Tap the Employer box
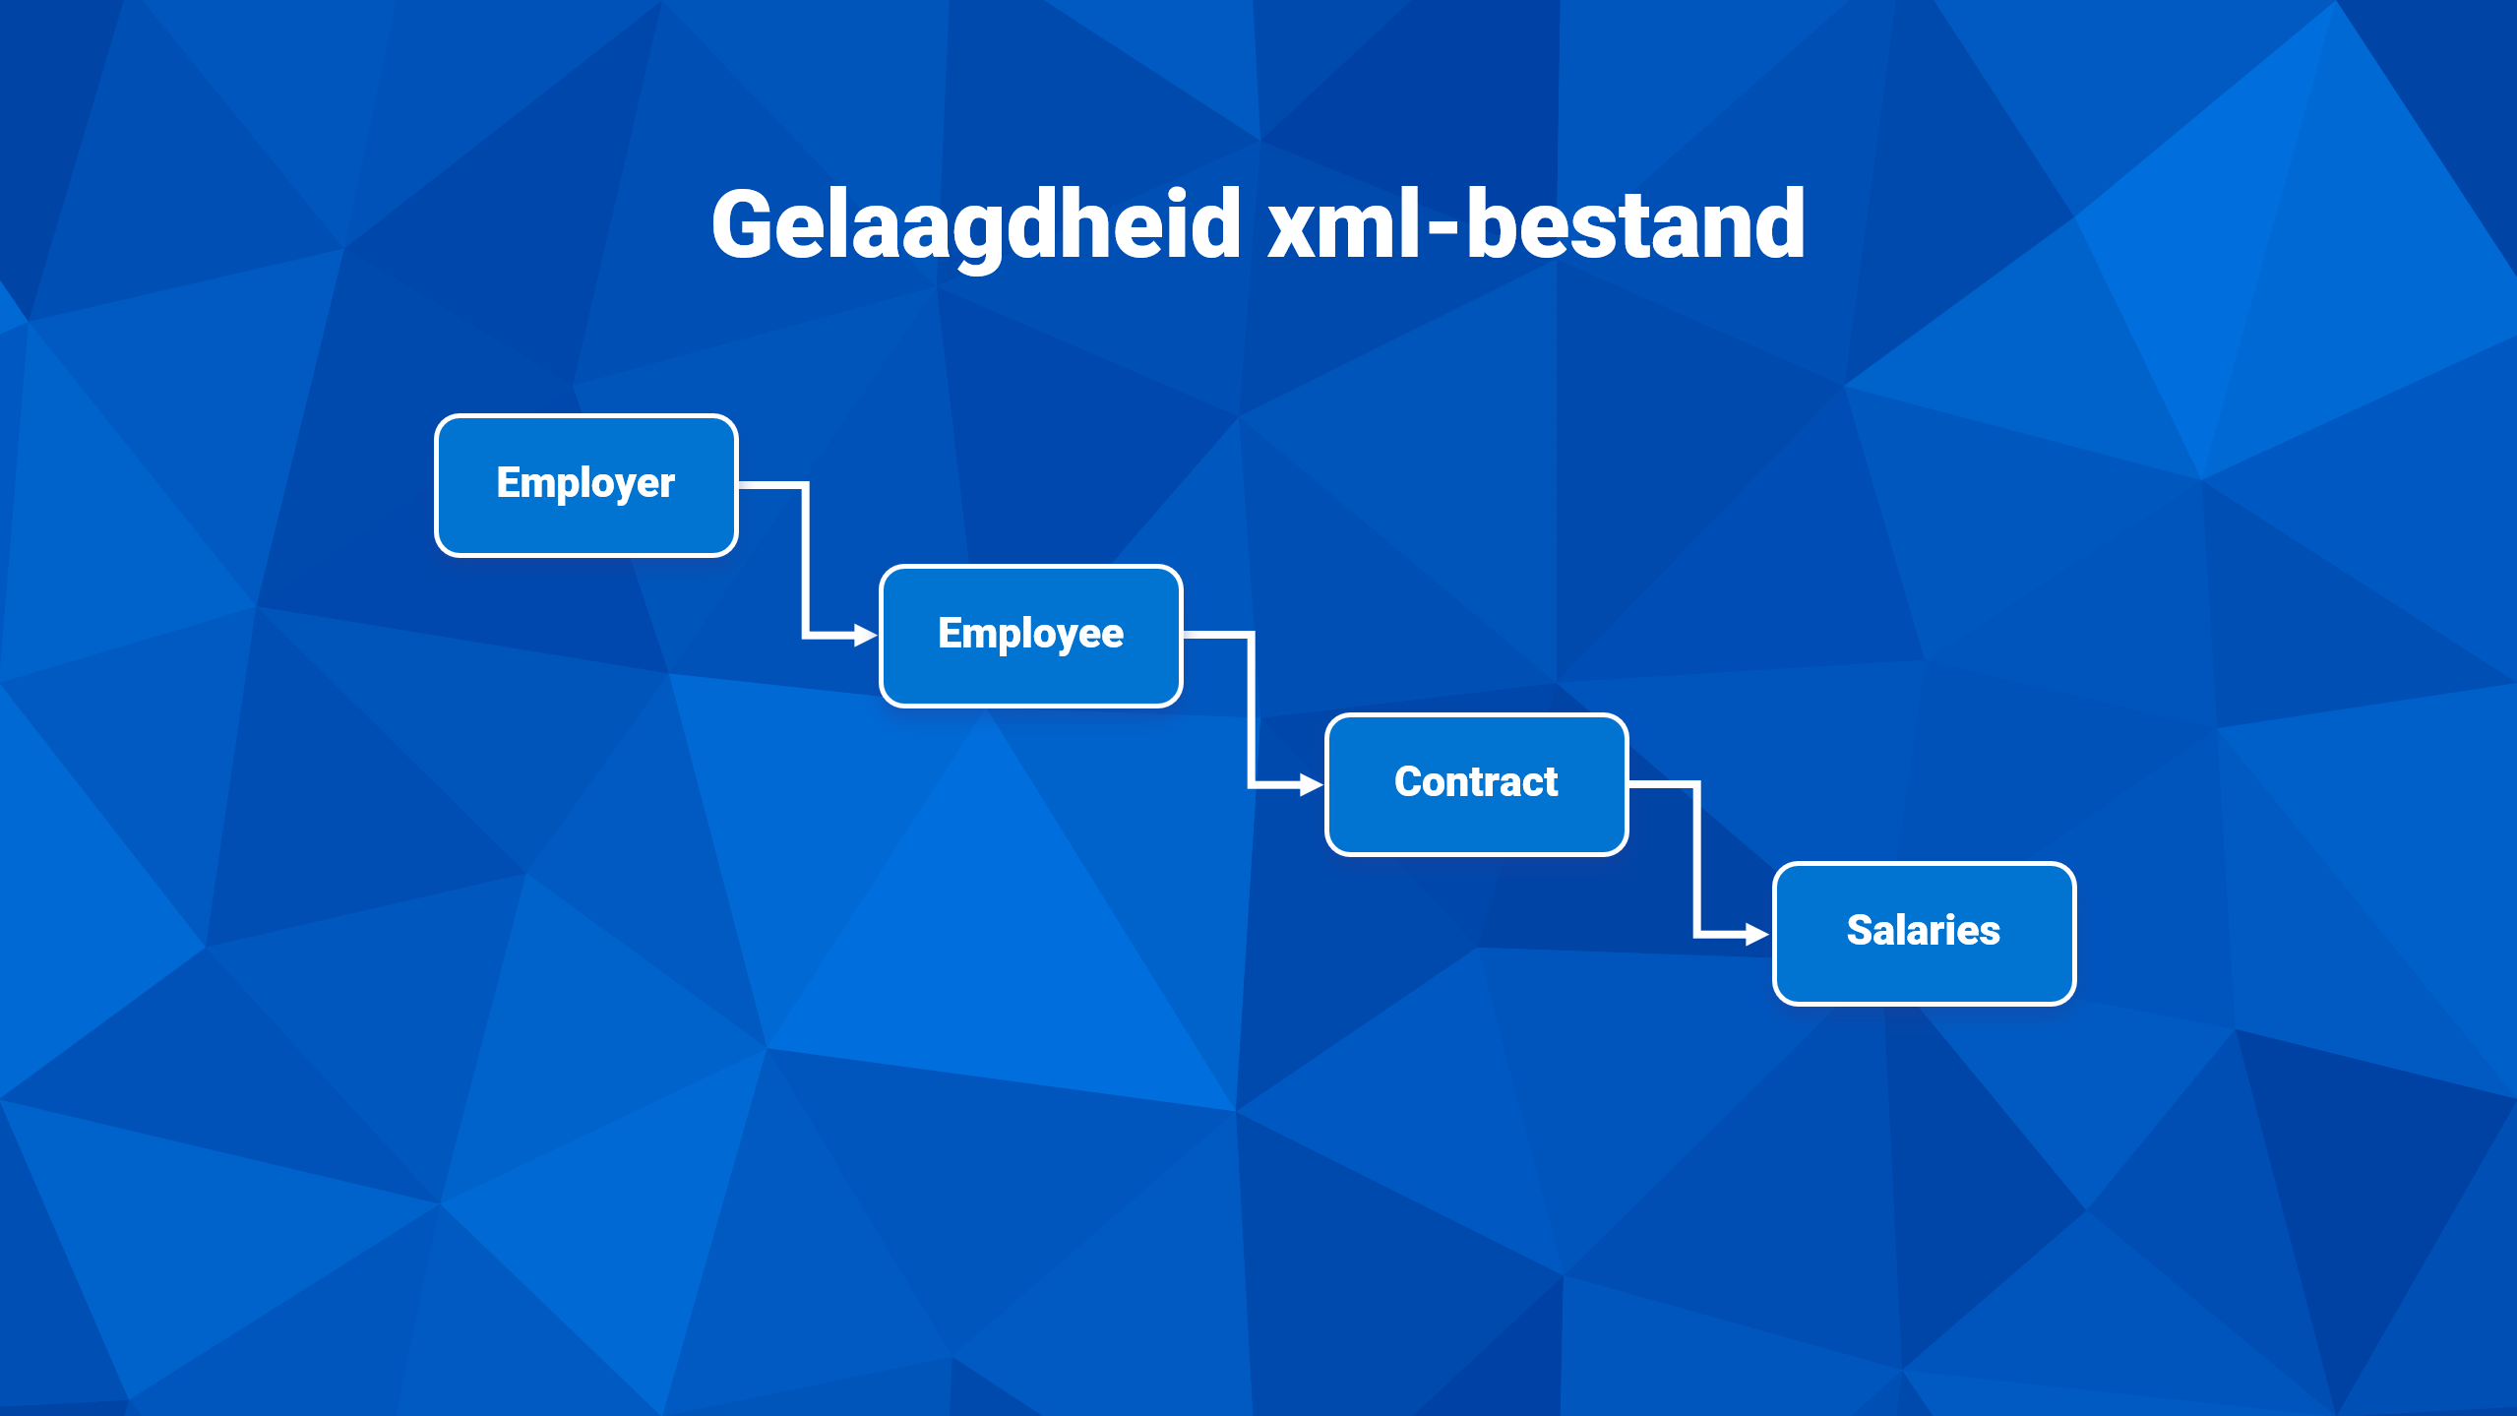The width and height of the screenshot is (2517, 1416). click(x=586, y=485)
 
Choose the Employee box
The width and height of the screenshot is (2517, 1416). click(x=1031, y=636)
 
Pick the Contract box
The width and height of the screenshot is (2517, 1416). click(x=1477, y=784)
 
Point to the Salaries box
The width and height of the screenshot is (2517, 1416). click(x=1925, y=934)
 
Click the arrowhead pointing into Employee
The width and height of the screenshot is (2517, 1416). click(x=866, y=636)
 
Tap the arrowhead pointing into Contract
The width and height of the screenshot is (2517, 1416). click(x=1312, y=784)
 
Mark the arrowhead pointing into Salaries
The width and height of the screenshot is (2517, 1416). click(x=1758, y=934)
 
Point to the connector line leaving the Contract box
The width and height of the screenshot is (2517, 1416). click(x=1697, y=859)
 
